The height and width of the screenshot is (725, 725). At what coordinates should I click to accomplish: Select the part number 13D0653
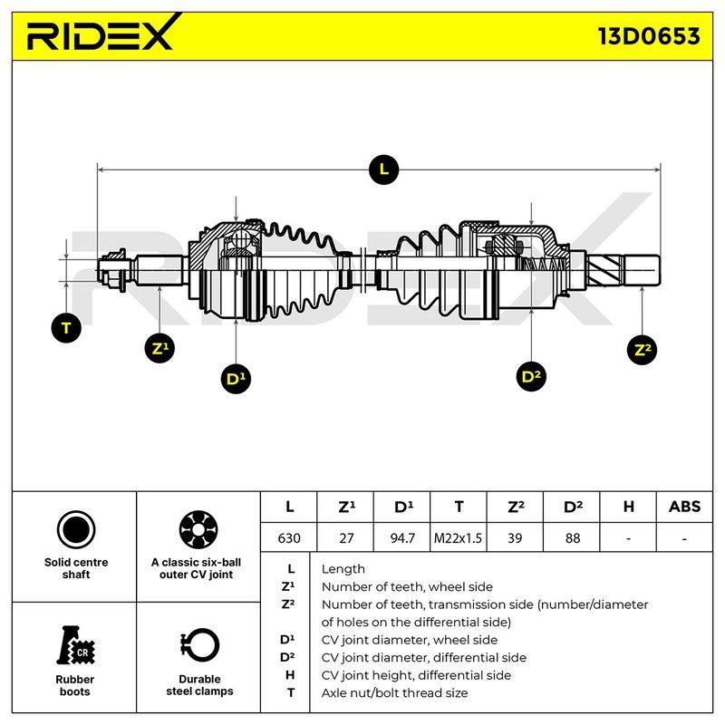[x=649, y=36]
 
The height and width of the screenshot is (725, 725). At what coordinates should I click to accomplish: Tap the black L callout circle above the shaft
[x=383, y=169]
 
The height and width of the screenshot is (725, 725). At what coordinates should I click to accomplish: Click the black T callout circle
[x=66, y=328]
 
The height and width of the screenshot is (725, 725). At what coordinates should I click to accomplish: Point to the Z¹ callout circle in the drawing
[x=159, y=348]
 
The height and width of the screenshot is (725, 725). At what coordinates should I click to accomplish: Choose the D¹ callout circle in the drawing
[x=236, y=379]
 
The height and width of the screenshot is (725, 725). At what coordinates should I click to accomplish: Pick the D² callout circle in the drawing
[x=531, y=376]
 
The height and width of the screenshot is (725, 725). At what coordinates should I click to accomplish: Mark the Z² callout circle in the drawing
[x=643, y=350]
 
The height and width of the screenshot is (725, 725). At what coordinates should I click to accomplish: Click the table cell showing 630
[x=289, y=537]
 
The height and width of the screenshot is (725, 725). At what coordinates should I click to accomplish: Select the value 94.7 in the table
[x=402, y=537]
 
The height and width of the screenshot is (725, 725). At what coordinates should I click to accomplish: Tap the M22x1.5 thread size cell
[x=458, y=537]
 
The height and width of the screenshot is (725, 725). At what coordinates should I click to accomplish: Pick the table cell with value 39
[x=515, y=537]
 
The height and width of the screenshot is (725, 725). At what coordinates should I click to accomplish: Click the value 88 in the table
[x=572, y=537]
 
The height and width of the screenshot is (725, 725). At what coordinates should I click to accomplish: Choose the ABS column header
[x=684, y=507]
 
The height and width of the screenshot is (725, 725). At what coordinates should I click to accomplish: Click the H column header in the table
[x=628, y=507]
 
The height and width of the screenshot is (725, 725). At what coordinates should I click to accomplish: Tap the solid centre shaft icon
[x=76, y=530]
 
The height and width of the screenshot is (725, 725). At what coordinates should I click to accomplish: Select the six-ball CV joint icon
[x=198, y=530]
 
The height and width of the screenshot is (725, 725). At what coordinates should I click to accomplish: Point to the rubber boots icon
[x=75, y=645]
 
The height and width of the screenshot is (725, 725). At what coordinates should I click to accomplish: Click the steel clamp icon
[x=199, y=646]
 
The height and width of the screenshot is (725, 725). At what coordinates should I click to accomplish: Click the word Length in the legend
[x=343, y=569]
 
